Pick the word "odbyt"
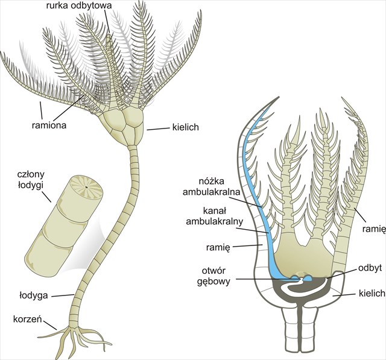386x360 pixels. click(369, 266)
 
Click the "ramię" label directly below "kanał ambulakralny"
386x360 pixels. click(222, 245)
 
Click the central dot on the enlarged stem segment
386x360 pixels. click(86, 188)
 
